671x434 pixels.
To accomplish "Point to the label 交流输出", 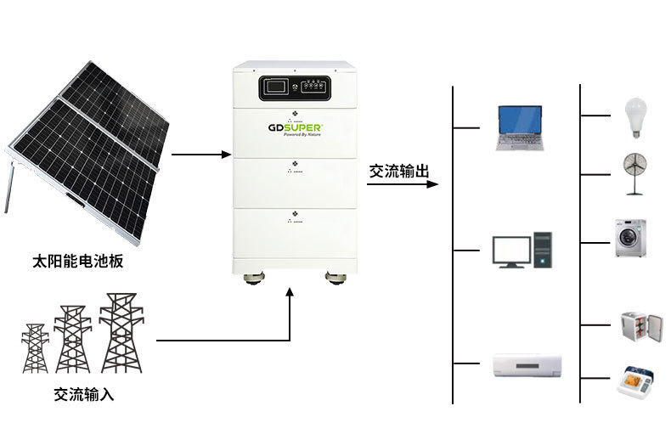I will point(398,170).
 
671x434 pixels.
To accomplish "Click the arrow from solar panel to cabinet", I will point(200,155).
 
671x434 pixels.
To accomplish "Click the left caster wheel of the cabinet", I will point(252,278).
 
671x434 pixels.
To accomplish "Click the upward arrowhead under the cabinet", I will point(291,293).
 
